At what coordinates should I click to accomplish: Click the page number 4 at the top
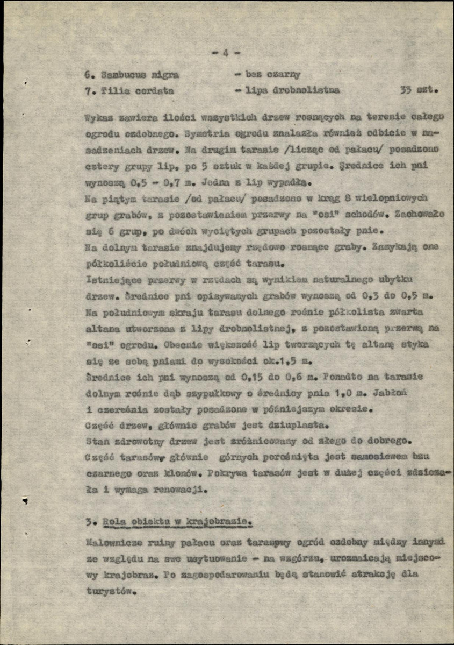[x=226, y=53]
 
